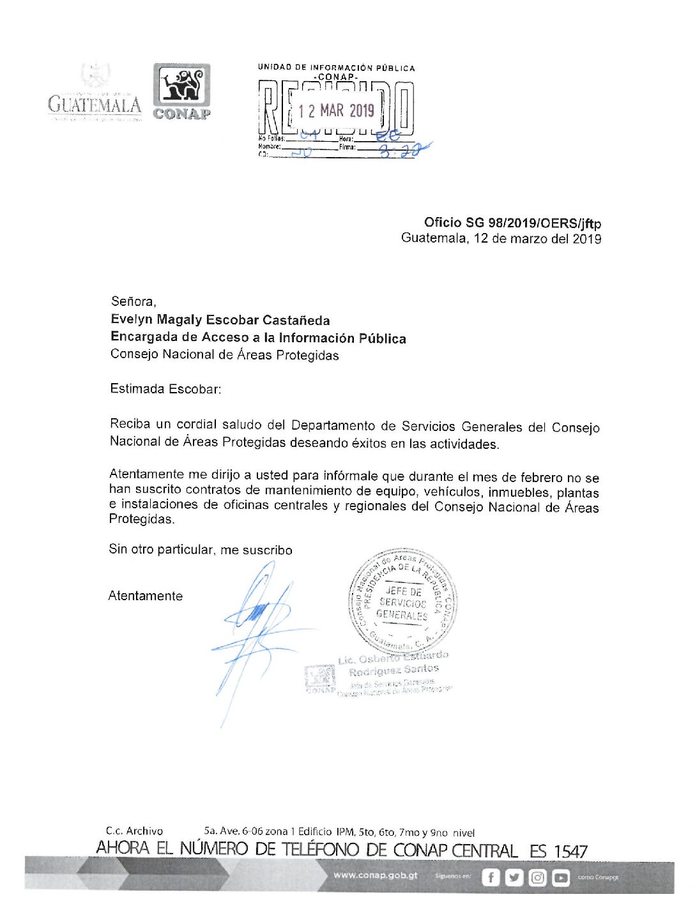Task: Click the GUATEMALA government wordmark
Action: click(95, 103)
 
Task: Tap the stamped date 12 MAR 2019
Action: click(336, 111)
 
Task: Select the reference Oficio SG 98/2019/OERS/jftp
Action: click(512, 223)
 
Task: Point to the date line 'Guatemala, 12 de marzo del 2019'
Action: click(501, 239)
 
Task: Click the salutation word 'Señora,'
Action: click(133, 301)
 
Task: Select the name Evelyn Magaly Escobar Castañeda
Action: click(220, 320)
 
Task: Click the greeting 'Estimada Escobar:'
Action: click(165, 389)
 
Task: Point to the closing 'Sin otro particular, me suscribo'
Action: click(200, 550)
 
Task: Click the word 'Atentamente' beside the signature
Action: click(146, 596)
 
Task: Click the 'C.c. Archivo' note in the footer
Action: click(134, 831)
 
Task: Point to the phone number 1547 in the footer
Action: click(570, 851)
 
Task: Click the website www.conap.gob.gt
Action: click(375, 875)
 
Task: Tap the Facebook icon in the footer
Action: click(490, 878)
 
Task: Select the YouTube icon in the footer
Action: click(561, 878)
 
